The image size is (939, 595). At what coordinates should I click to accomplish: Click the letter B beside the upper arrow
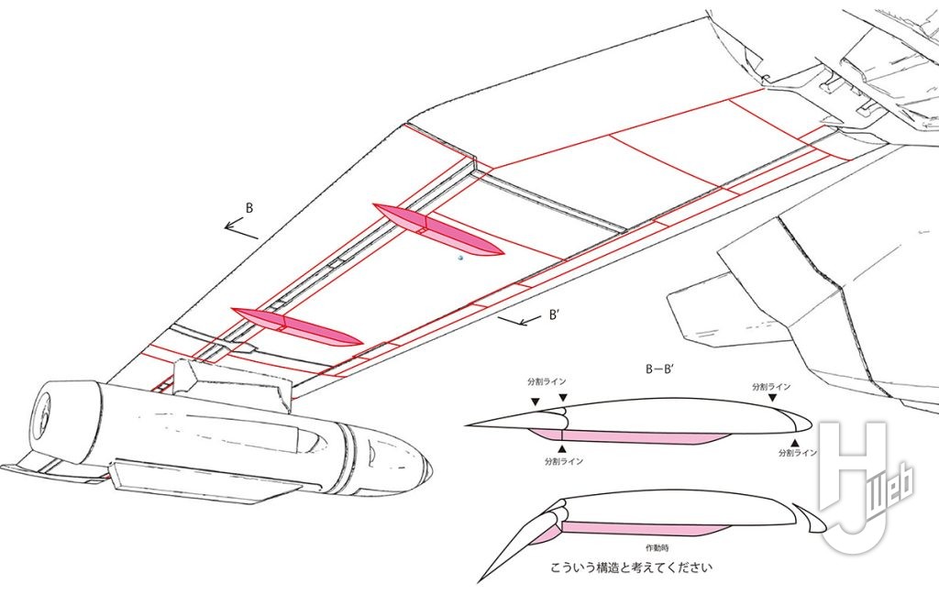point(249,208)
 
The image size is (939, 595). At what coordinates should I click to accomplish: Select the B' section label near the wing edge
point(555,314)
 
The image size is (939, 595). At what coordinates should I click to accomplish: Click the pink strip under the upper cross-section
point(633,436)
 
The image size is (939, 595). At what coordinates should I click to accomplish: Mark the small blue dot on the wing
point(460,259)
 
